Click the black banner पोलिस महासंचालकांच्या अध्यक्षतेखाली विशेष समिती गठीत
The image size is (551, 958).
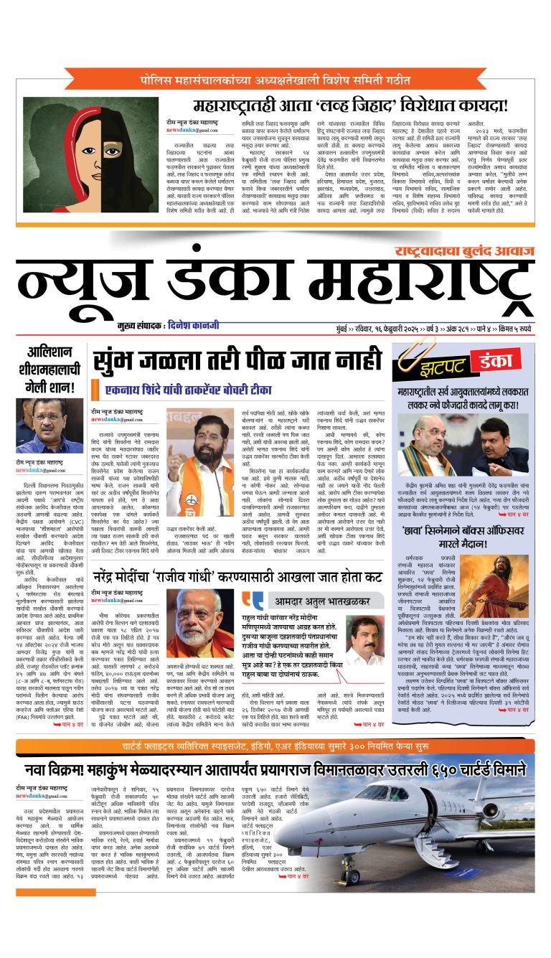(275, 79)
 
